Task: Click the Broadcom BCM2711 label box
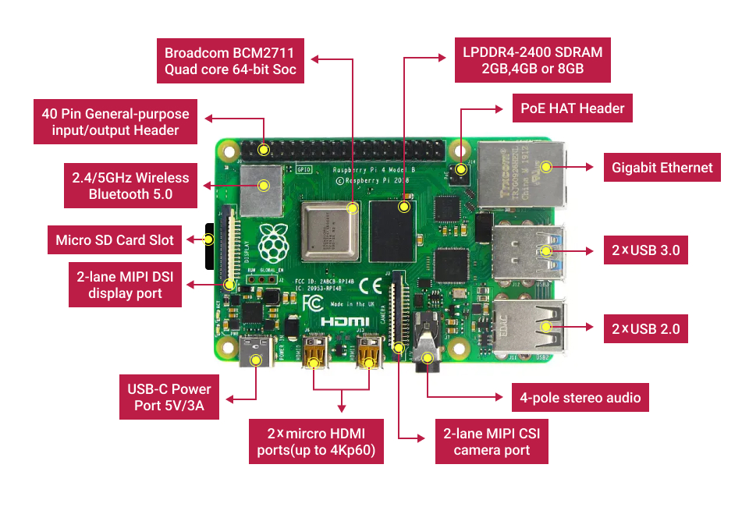click(230, 61)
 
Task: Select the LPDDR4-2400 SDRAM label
click(532, 61)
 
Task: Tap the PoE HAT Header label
click(572, 108)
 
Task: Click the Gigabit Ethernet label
click(662, 167)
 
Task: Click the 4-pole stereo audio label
click(580, 397)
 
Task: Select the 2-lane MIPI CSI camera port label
click(492, 442)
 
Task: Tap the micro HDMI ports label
click(315, 442)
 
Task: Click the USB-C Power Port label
click(169, 397)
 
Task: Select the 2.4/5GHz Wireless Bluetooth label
click(130, 185)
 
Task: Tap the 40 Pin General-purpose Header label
click(115, 122)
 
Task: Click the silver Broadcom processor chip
click(329, 231)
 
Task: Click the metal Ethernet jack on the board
click(520, 176)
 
